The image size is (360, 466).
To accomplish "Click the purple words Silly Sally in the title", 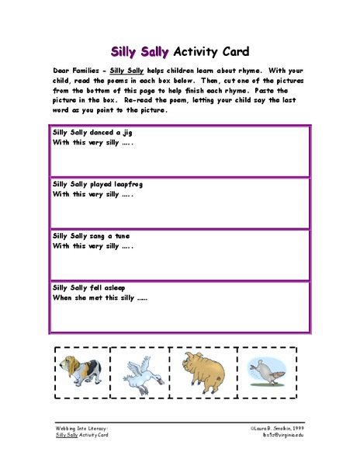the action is pos(140,52).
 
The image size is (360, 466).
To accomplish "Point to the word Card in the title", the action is pos(233,52).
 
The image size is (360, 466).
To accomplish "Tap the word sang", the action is pos(99,236).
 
